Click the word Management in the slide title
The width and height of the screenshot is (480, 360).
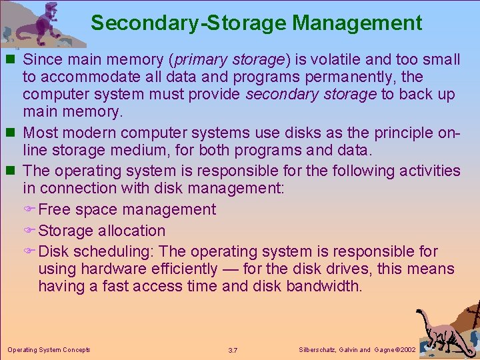(357, 23)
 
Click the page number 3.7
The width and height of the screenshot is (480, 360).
(233, 350)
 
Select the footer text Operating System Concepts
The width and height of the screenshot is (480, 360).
(49, 349)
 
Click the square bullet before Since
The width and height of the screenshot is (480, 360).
(13, 60)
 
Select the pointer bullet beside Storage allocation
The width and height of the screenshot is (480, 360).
(29, 231)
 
